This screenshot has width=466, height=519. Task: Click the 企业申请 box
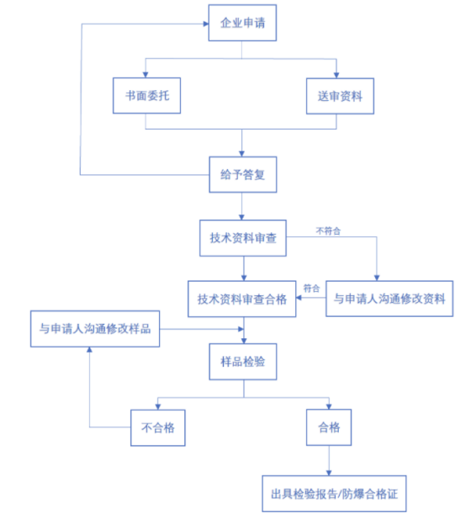tap(242, 23)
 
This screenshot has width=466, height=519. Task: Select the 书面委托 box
tap(146, 96)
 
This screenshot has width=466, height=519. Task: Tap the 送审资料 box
tap(340, 97)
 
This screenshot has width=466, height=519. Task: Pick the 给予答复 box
tap(242, 174)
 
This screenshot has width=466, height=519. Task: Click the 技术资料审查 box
tap(243, 238)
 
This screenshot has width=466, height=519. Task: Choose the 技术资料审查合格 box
tap(242, 299)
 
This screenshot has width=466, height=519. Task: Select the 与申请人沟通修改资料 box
tap(389, 299)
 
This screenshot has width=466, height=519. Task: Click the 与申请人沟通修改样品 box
tap(95, 329)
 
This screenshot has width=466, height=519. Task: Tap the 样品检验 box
tap(243, 362)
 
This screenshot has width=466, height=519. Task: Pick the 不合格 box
tap(158, 427)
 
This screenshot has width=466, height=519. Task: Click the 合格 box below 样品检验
tap(329, 427)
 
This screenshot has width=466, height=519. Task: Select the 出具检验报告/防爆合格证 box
tap(334, 494)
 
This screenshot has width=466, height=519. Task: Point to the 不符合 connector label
tap(328, 230)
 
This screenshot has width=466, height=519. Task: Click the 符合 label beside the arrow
tap(311, 289)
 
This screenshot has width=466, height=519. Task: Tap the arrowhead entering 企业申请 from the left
tap(206, 24)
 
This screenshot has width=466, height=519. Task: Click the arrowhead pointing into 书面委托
tap(146, 75)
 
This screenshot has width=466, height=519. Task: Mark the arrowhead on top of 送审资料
tap(336, 76)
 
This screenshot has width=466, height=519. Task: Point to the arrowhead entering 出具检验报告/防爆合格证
tap(329, 473)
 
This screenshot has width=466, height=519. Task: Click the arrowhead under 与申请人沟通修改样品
tap(89, 350)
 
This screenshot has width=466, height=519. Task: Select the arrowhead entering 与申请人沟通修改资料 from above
tap(377, 278)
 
